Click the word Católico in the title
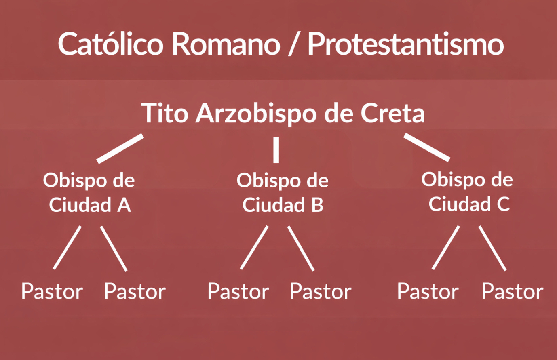coord(110,44)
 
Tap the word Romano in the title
coord(226,44)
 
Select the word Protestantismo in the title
coord(406,44)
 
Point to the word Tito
coord(165,113)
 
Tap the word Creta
coord(392,113)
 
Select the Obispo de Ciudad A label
coord(89,192)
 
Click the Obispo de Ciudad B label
coord(283,192)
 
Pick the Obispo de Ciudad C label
coord(467,192)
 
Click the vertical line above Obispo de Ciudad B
coord(276,150)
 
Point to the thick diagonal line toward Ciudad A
coord(120,149)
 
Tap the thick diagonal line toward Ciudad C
coord(427,147)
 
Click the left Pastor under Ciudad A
coord(52,291)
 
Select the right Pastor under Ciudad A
coord(135,291)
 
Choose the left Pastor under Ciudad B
coord(238,291)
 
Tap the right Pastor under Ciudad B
coord(321,291)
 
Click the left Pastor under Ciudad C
coord(428,291)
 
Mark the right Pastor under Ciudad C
coord(513,291)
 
